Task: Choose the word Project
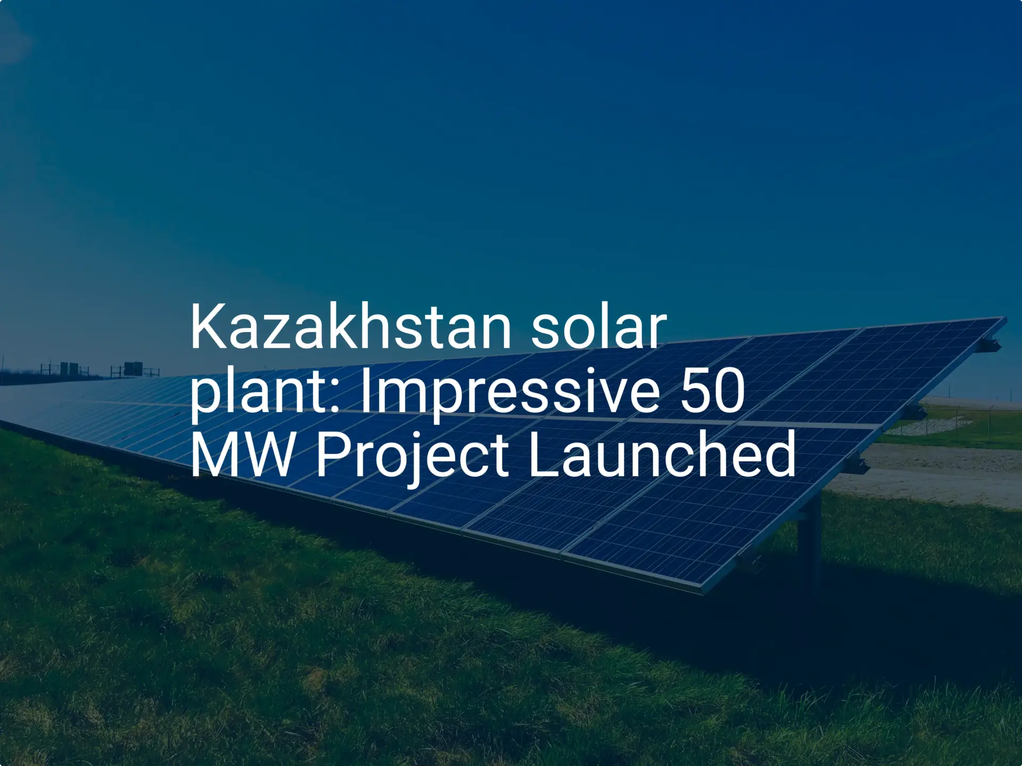(x=412, y=456)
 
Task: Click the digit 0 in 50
(x=729, y=392)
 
